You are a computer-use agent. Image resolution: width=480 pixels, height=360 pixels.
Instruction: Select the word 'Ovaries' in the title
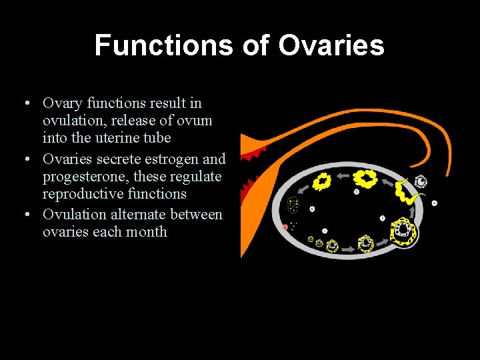331,45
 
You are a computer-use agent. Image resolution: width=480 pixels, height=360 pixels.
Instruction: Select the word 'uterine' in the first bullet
110,138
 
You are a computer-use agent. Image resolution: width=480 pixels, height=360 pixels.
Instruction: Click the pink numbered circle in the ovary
285,227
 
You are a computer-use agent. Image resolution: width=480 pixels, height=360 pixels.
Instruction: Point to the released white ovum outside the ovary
421,181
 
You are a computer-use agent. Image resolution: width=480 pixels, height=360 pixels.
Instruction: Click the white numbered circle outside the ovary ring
435,202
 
